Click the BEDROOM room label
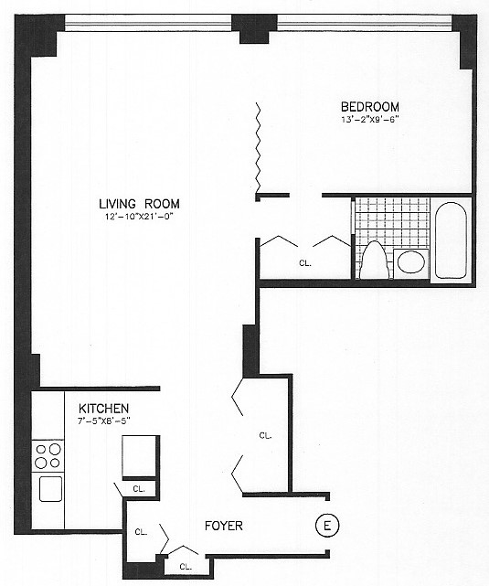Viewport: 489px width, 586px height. point(370,107)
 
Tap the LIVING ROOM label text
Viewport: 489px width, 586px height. point(139,204)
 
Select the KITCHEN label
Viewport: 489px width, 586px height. point(104,408)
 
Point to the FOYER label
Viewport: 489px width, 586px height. point(224,526)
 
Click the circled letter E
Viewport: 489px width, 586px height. point(327,526)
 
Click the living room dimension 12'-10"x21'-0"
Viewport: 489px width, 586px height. point(140,217)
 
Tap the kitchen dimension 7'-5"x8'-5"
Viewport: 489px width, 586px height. point(104,421)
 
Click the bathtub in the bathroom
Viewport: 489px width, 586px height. point(451,240)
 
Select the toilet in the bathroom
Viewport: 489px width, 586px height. point(374,261)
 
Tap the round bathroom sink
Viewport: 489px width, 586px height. point(411,261)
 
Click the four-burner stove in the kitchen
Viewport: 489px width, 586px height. point(48,455)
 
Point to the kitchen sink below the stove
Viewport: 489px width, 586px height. point(50,489)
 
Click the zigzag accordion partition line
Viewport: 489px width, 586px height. point(258,147)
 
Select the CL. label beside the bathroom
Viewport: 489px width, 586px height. point(305,263)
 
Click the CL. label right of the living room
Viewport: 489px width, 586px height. point(265,435)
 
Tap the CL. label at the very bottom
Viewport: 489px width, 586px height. point(186,567)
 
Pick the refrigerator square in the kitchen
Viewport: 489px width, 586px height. point(139,456)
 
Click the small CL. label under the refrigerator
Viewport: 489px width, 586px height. point(139,489)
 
